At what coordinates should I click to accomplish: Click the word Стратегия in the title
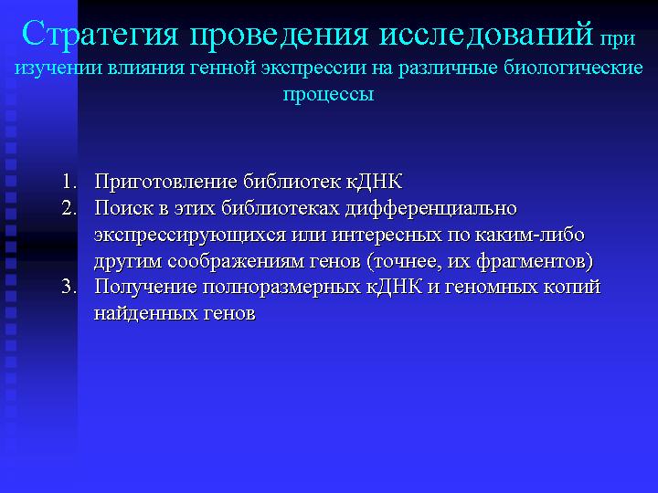coord(101,33)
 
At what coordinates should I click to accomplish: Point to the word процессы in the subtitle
coord(328,94)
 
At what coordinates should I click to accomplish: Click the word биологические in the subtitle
coord(573,68)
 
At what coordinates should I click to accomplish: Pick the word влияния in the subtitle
coord(145,68)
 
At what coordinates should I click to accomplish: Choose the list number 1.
coord(69,182)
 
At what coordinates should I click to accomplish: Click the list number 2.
coord(69,208)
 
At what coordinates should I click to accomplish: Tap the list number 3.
coord(69,287)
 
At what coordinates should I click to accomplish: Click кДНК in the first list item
coord(374,183)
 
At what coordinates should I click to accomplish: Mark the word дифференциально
coord(431,209)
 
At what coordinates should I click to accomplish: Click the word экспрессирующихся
coord(189,236)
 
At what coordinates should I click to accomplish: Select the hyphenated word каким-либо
coord(529,235)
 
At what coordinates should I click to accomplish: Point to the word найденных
coord(144,313)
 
